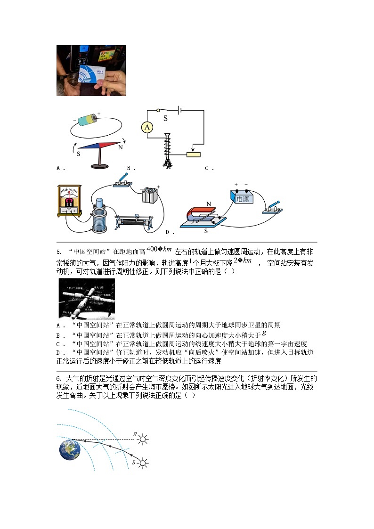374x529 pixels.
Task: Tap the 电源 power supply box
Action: [x=242, y=198]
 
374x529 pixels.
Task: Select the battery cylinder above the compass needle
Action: [x=88, y=119]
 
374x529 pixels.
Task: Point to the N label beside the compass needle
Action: [x=121, y=147]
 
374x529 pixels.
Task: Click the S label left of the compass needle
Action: [x=79, y=153]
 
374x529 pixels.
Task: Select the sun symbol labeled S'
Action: [x=142, y=440]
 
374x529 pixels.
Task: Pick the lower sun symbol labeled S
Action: [x=143, y=464]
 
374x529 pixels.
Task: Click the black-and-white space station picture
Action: [x=86, y=299]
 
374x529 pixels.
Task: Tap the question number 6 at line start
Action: [x=59, y=379]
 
